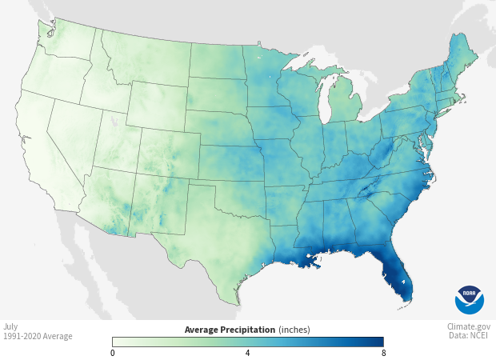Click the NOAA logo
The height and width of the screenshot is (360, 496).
coord(469,299)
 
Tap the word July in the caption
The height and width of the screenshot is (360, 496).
coord(10,326)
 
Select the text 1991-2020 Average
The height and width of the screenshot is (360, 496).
coord(38,336)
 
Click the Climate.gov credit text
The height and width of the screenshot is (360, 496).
coord(469,326)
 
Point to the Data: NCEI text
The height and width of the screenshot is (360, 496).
coord(470,336)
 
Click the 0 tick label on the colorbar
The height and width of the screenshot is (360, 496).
coord(113,353)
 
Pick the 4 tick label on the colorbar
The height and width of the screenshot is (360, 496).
coord(247,353)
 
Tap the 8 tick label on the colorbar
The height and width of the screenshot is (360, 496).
coord(382,353)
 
